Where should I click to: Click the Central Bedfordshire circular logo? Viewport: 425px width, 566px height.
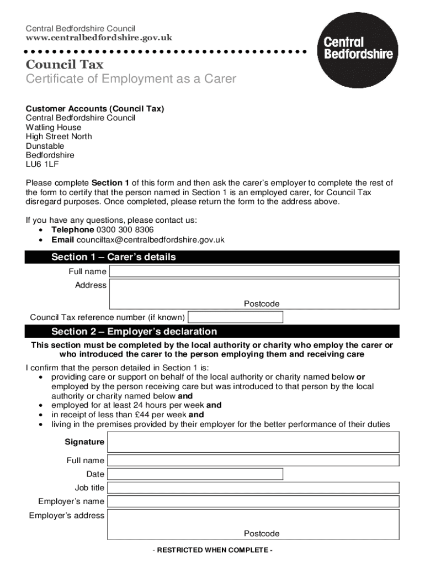click(x=358, y=49)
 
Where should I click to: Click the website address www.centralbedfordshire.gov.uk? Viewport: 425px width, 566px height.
click(x=99, y=38)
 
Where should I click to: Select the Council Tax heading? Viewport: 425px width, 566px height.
click(x=65, y=65)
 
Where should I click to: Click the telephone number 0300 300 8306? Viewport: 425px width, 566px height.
click(x=125, y=230)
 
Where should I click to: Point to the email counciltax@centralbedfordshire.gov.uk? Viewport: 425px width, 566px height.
click(x=150, y=240)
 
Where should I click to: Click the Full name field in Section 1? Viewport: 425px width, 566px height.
click(x=254, y=271)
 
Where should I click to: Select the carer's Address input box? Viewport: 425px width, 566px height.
click(x=254, y=293)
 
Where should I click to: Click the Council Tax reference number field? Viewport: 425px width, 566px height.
click(x=236, y=317)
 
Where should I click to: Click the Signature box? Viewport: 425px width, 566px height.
click(x=253, y=442)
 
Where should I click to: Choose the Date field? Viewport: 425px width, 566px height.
click(x=195, y=474)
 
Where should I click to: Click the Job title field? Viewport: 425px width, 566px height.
click(x=253, y=488)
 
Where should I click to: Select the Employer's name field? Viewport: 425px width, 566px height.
click(x=253, y=501)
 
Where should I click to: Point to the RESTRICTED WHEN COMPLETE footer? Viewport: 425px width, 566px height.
click(x=212, y=551)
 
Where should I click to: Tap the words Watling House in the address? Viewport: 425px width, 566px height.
click(x=54, y=127)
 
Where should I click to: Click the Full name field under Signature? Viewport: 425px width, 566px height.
click(x=253, y=460)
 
